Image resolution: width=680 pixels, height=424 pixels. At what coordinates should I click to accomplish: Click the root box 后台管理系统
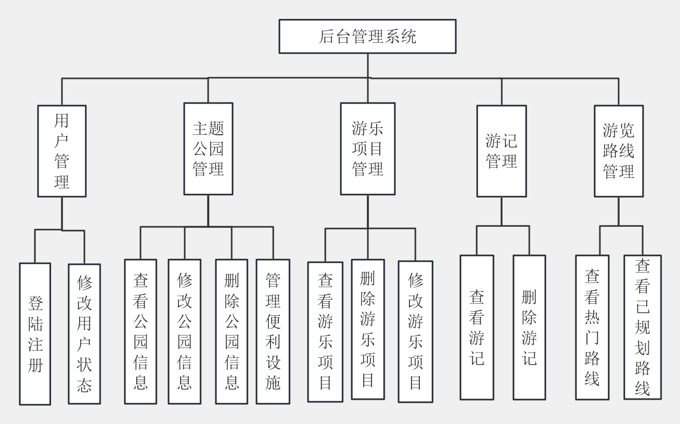click(x=367, y=36)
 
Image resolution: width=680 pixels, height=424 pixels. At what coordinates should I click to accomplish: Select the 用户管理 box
click(x=62, y=151)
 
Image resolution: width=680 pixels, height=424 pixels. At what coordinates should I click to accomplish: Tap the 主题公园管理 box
click(x=208, y=149)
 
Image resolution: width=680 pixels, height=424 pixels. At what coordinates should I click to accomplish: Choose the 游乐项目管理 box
click(x=367, y=149)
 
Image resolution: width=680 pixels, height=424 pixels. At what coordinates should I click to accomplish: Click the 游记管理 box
click(x=501, y=151)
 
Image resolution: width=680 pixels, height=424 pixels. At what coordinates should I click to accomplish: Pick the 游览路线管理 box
click(x=619, y=151)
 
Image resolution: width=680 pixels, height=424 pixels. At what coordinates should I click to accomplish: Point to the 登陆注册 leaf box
click(x=35, y=333)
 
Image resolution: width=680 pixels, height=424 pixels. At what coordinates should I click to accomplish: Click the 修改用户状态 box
click(x=84, y=333)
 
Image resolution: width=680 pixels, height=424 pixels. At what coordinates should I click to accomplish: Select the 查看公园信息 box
click(x=140, y=331)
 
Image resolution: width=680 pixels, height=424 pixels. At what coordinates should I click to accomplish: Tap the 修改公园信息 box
click(x=184, y=331)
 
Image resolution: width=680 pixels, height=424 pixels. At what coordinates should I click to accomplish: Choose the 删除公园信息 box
click(x=232, y=331)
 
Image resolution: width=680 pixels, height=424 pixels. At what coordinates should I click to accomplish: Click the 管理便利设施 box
click(x=273, y=331)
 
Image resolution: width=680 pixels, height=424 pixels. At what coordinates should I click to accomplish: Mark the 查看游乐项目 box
click(x=325, y=332)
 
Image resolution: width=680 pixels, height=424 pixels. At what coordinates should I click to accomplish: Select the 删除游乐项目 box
click(x=368, y=329)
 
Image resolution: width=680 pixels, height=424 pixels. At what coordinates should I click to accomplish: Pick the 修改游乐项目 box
click(x=415, y=331)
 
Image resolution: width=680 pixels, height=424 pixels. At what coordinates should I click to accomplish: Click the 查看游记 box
click(x=477, y=327)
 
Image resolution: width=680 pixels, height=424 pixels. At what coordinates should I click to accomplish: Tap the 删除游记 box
click(x=529, y=327)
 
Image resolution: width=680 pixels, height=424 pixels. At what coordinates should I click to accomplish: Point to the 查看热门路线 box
click(x=592, y=327)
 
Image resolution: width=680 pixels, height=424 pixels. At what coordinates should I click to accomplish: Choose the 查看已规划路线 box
click(x=642, y=327)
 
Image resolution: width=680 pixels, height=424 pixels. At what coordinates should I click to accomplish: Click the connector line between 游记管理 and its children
click(x=502, y=211)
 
